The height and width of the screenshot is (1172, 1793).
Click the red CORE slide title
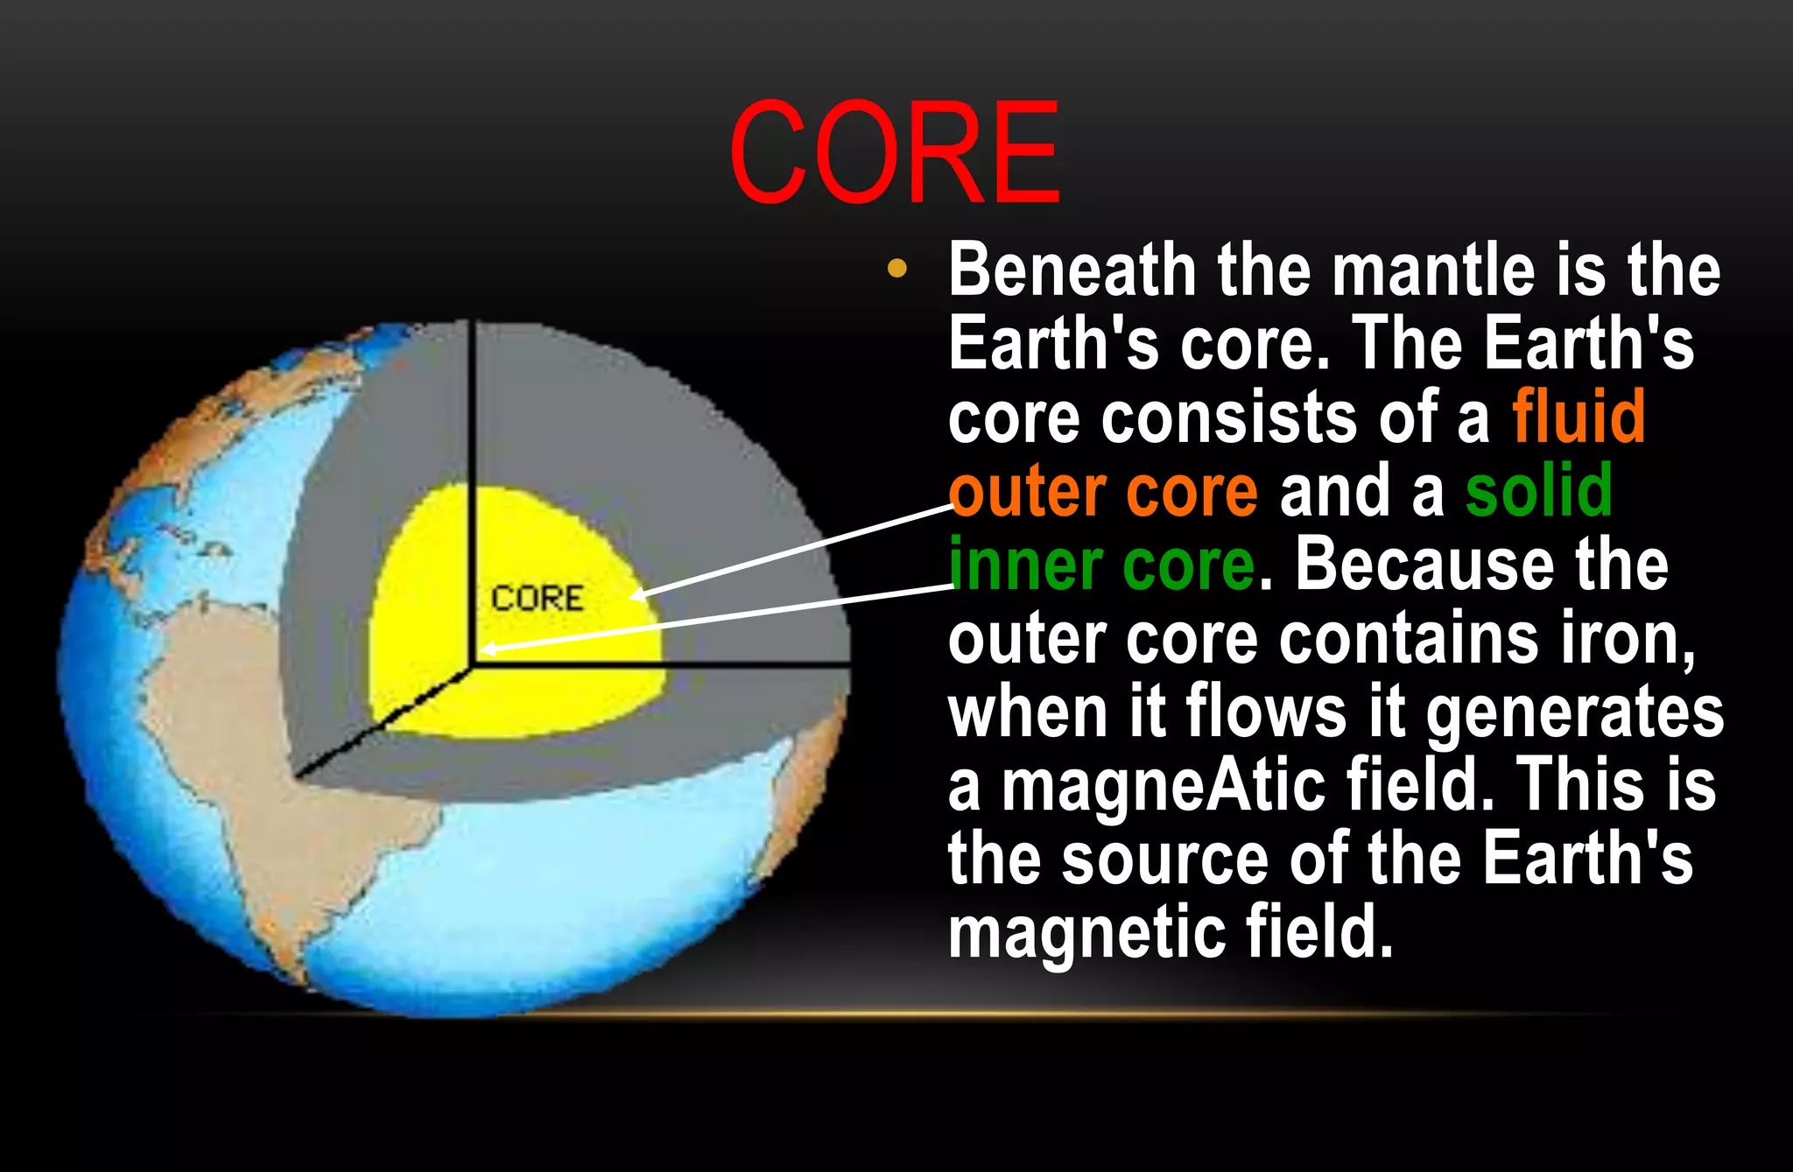[x=894, y=153]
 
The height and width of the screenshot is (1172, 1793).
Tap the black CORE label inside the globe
[x=537, y=599]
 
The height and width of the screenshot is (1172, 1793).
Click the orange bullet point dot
[x=896, y=269]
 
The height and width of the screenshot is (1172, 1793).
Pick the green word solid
[x=1538, y=491]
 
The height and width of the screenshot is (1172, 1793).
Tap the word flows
[x=1265, y=712]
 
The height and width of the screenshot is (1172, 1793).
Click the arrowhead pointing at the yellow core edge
[x=636, y=596]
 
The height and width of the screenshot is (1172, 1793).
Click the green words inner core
[x=1101, y=565]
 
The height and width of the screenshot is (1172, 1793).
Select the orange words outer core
[x=1103, y=492]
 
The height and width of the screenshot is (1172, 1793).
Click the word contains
[x=1409, y=639]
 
